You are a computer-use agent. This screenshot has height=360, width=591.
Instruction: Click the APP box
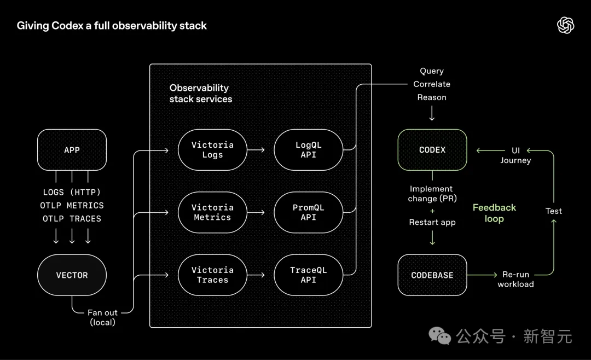coord(72,149)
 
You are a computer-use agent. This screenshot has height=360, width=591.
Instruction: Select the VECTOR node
coord(72,275)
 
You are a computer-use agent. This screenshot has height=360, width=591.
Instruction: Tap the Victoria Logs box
coord(212,150)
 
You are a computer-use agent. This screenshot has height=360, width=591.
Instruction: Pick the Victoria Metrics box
coord(212,212)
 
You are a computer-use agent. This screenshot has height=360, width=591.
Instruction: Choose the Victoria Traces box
coord(212,275)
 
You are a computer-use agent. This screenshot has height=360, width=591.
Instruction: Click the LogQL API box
coord(309,150)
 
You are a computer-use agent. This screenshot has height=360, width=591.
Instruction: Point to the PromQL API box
coord(309,212)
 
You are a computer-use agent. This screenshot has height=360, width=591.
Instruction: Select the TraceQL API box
coord(309,275)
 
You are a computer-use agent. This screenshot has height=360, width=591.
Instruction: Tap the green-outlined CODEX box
coord(432,149)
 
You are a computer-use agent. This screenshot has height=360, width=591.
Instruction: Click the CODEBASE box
coord(432,275)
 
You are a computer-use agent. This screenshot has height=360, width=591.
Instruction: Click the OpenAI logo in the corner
coord(565,25)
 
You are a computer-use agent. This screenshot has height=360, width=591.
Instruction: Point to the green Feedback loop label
coord(494,213)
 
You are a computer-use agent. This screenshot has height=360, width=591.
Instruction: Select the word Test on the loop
coord(554,211)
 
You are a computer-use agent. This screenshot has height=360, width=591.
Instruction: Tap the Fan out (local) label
coord(103,317)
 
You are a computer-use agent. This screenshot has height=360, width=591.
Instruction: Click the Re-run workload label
coord(515,279)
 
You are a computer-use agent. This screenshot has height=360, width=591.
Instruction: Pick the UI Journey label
coord(515,155)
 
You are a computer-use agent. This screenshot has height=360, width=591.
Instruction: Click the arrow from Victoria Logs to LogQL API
coord(256,150)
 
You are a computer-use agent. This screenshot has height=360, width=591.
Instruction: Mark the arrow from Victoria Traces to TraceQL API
coord(256,275)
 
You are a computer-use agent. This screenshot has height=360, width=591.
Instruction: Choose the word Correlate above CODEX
coord(432,84)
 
